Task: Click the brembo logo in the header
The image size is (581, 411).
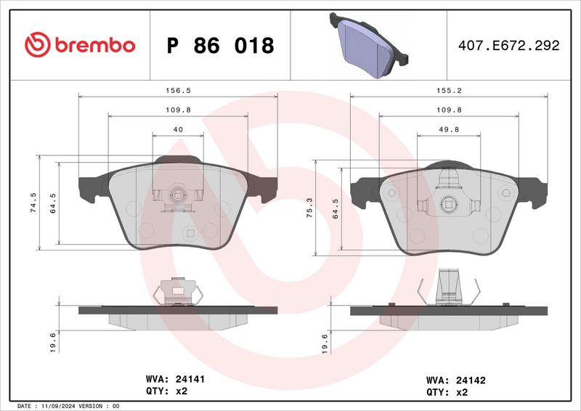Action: [x=79, y=45]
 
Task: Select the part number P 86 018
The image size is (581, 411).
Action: [x=220, y=46]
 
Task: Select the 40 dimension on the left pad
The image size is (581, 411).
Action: [x=178, y=129]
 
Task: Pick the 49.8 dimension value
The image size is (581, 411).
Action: [x=450, y=129]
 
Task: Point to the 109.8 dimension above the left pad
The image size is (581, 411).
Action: [x=178, y=110]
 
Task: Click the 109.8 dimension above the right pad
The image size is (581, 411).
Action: [x=450, y=110]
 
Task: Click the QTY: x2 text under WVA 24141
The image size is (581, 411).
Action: [x=168, y=391]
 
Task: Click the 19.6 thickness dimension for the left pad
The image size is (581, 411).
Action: [x=52, y=340]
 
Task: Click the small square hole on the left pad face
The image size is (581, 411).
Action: [x=190, y=233]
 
